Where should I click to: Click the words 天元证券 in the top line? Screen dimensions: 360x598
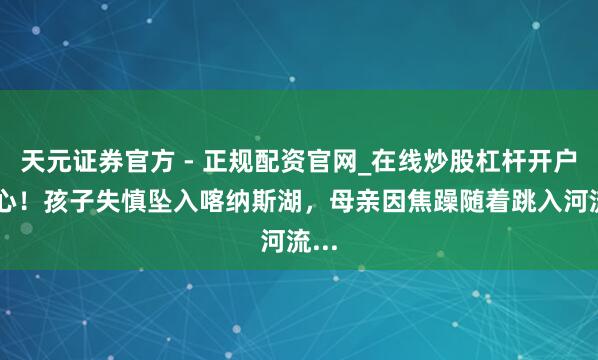click(58, 156)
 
